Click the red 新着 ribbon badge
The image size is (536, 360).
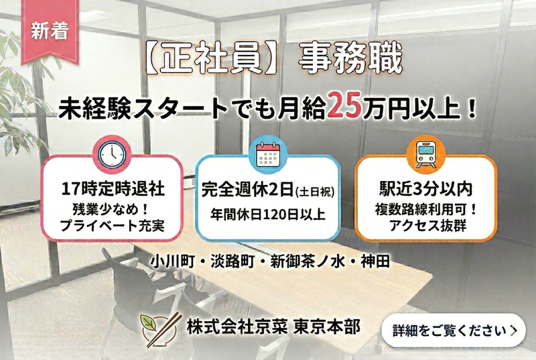click(50, 31)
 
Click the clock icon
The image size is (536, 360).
click(111, 154)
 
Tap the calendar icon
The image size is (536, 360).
click(267, 154)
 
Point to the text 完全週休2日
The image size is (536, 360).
click(247, 190)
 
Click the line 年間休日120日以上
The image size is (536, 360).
click(268, 215)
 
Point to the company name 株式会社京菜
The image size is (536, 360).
click(238, 326)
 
